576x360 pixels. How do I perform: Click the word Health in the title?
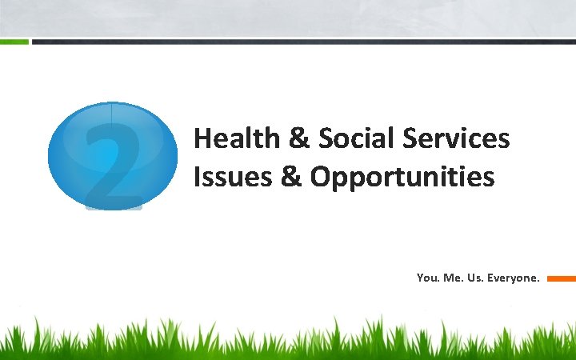point(234,139)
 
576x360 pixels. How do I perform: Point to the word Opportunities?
point(402,178)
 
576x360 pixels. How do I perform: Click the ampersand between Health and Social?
point(298,139)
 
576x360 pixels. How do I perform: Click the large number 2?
point(114,160)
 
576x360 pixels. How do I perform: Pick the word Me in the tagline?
point(451,278)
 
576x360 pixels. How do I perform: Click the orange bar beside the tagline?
point(561,279)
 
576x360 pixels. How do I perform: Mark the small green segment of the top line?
point(14,41)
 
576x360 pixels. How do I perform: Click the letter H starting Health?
point(202,139)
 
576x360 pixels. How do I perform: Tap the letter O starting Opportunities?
point(320,177)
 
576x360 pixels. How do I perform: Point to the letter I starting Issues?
point(197,177)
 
